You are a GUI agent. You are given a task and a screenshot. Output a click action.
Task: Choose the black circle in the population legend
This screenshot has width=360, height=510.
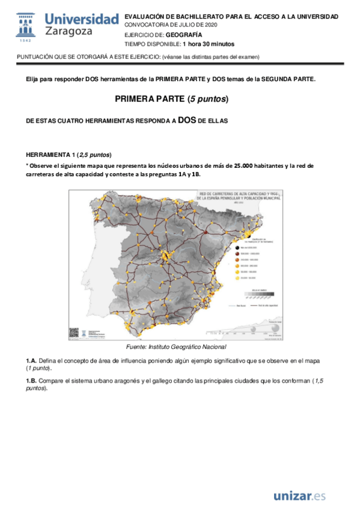point(239,247)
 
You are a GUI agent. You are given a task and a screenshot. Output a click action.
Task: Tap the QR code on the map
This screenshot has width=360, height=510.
point(73,332)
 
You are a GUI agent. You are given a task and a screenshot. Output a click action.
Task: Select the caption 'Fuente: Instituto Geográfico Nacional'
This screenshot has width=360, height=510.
point(176,347)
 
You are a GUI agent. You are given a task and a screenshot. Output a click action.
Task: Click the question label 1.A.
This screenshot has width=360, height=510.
point(31,360)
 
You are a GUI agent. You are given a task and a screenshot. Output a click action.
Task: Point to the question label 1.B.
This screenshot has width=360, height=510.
point(31,381)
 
